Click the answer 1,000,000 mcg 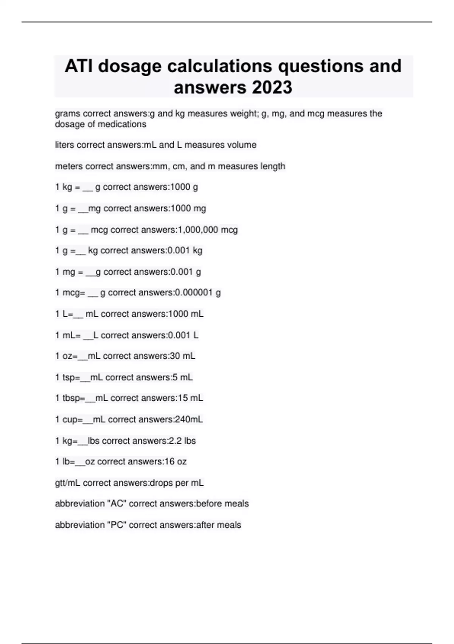click(x=208, y=230)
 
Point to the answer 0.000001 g click(x=198, y=292)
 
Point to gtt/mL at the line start click(x=67, y=483)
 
